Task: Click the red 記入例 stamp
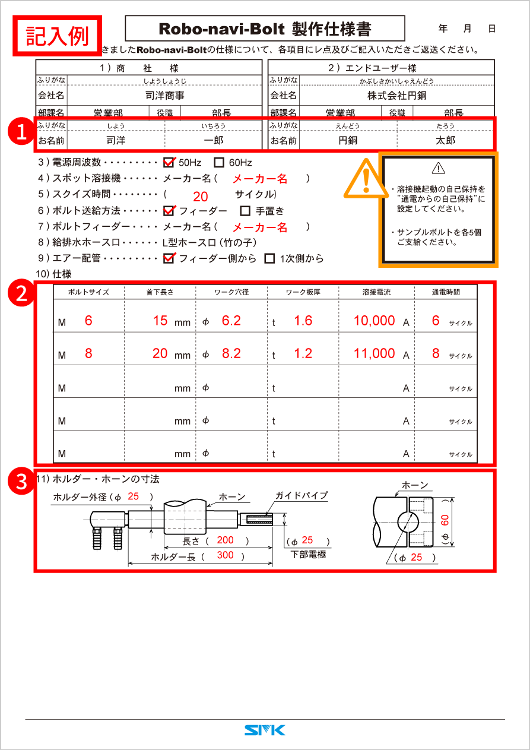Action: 58,36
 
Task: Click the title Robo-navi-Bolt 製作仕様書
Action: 265,29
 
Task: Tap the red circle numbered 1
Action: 22,132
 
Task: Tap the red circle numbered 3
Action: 22,482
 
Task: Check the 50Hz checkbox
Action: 169,162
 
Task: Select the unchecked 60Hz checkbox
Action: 219,162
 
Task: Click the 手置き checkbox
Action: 245,210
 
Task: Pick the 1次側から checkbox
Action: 269,258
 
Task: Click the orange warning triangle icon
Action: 364,177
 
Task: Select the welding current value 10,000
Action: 374,321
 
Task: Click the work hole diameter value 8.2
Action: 231,354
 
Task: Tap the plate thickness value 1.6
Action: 303,321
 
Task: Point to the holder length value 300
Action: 225,555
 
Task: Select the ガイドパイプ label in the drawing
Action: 301,495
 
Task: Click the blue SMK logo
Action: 265,730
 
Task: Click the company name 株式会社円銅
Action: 396,96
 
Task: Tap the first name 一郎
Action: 213,141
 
